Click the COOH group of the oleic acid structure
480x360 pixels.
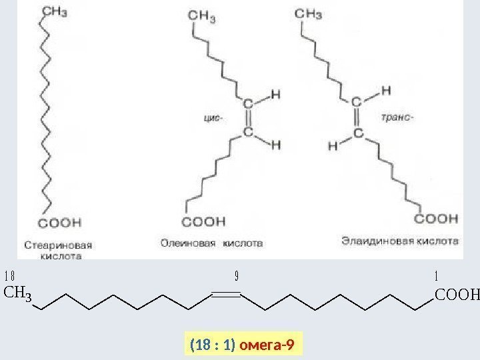click(205, 221)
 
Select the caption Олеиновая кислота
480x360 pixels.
click(211, 243)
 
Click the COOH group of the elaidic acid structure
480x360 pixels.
click(438, 218)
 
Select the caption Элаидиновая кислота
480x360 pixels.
click(399, 238)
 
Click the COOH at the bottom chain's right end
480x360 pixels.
click(457, 294)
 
